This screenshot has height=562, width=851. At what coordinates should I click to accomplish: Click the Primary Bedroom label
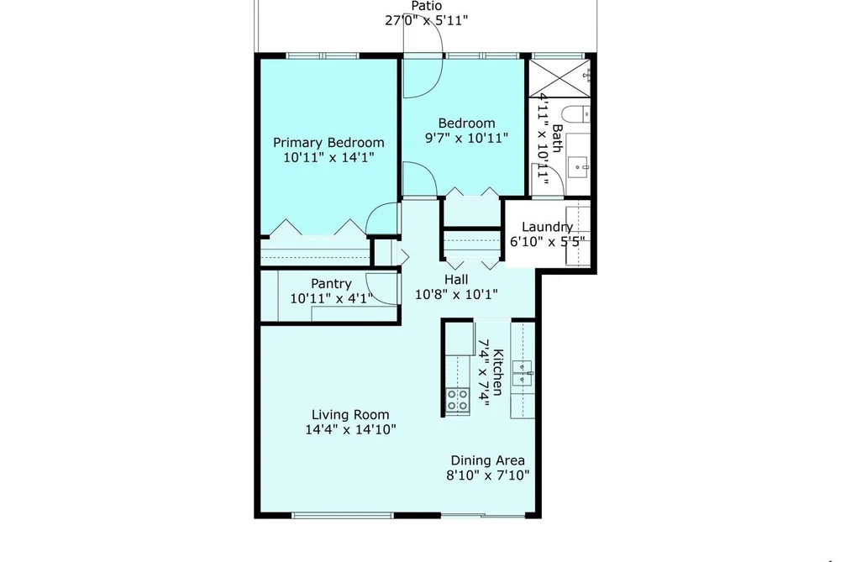tap(328, 143)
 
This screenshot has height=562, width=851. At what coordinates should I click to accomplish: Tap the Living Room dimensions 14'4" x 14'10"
tap(350, 429)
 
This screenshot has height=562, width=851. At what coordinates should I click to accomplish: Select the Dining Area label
tap(488, 460)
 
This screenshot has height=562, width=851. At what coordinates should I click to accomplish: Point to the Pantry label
tap(331, 284)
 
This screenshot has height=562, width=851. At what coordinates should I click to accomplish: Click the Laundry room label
tap(547, 228)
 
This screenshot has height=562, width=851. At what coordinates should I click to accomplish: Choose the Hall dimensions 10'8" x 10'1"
tap(456, 295)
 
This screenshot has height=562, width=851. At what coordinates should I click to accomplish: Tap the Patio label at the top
tap(427, 6)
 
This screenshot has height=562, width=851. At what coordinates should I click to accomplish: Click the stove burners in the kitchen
tap(458, 401)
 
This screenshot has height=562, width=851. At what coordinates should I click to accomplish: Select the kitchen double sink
tap(523, 373)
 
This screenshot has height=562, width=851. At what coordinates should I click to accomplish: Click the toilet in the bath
tap(575, 115)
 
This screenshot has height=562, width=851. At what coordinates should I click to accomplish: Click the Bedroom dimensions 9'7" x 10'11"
tap(466, 138)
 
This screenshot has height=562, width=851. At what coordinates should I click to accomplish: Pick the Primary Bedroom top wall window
tap(323, 55)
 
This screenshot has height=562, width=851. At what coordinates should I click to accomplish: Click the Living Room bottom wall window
tap(343, 515)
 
